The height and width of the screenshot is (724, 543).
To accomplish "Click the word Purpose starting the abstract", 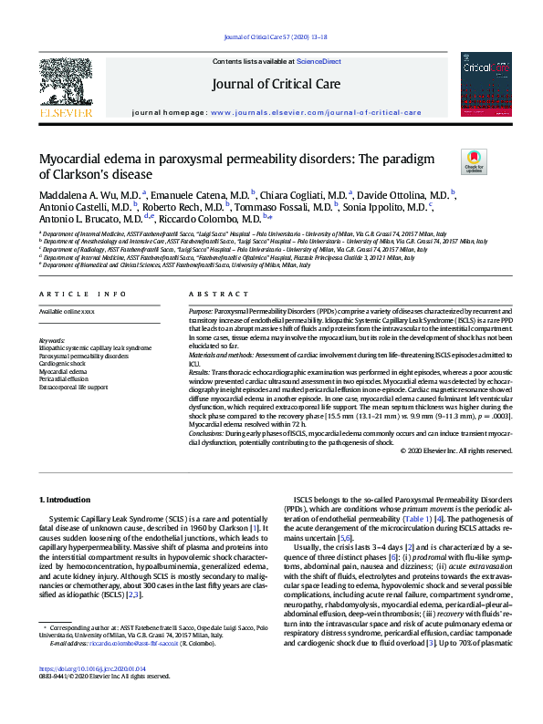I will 202,312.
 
